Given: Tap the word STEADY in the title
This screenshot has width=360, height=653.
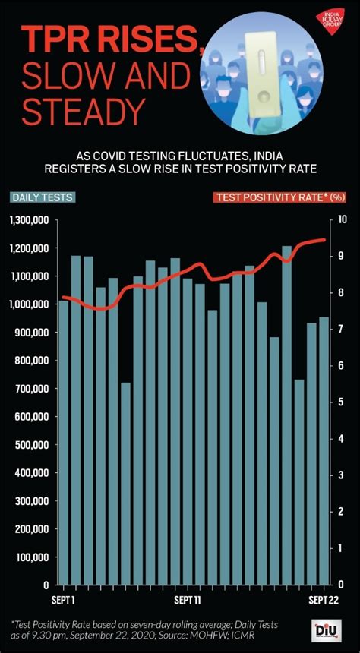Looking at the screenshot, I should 82,112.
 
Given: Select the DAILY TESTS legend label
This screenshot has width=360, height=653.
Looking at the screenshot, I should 43,197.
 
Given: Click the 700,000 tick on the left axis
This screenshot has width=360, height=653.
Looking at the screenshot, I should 33,389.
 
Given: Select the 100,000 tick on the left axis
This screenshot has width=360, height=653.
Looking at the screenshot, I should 33,557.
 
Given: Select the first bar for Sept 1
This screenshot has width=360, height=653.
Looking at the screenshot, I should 64,444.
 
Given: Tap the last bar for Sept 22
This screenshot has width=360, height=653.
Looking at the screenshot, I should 324,451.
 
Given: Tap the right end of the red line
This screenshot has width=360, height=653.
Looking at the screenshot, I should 325,240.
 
